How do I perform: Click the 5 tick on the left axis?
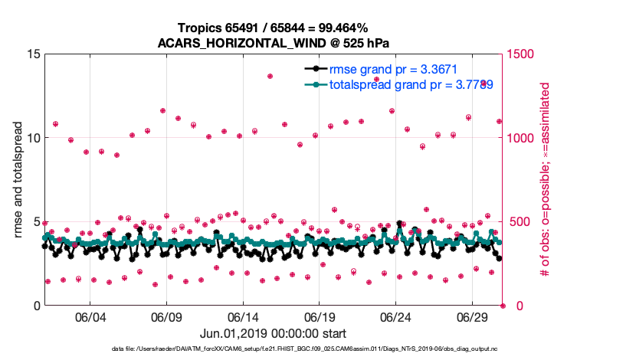pos(34,222)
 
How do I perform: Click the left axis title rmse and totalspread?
pos(18,180)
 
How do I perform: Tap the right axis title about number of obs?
pos(546,180)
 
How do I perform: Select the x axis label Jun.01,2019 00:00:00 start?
pos(273,334)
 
